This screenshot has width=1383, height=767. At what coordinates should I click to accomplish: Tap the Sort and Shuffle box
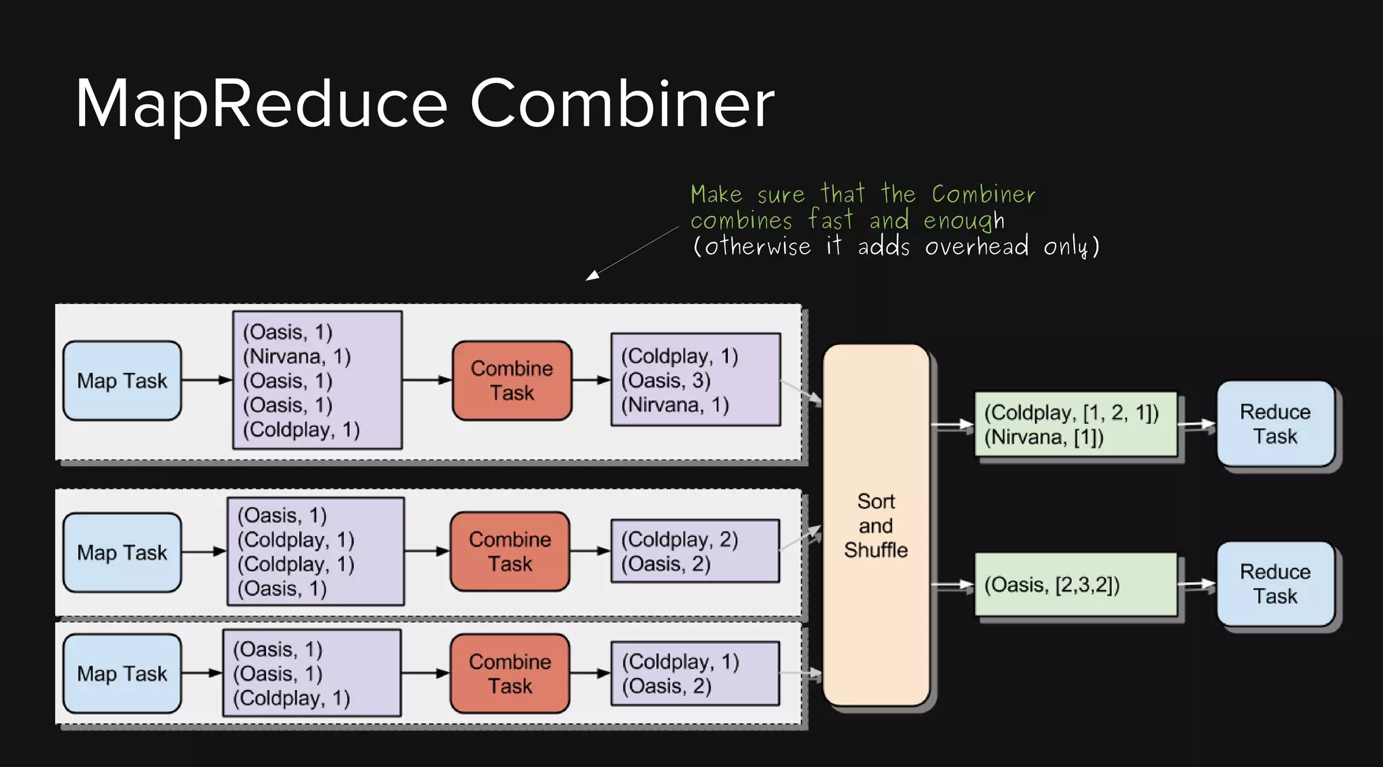click(876, 525)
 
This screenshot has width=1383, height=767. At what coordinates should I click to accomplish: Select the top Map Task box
click(122, 381)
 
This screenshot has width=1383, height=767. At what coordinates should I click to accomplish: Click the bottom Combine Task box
click(510, 673)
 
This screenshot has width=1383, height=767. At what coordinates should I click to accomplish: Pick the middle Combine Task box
click(510, 551)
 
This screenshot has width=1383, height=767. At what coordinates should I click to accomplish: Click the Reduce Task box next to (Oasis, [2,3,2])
click(1275, 584)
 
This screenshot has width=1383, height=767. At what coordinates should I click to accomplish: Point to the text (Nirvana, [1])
click(1043, 438)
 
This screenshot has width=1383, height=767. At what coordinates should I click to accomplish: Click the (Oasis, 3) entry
click(666, 380)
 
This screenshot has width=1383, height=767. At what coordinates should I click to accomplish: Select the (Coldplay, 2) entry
click(679, 539)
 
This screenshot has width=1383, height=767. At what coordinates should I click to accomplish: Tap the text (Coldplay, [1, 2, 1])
click(1071, 413)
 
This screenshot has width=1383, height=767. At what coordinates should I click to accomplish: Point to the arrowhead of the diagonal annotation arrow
click(592, 275)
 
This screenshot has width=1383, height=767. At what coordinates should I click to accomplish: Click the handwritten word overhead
click(976, 246)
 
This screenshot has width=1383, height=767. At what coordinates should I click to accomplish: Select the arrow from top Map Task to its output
click(207, 380)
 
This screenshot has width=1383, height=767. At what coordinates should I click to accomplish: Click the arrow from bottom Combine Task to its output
click(590, 673)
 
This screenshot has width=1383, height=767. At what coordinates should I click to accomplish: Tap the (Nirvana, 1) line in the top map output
click(296, 356)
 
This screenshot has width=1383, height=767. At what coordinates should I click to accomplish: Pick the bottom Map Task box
click(122, 673)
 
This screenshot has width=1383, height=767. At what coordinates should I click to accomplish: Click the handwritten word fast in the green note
click(831, 220)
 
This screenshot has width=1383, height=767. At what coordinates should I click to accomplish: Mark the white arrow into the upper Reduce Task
click(1196, 425)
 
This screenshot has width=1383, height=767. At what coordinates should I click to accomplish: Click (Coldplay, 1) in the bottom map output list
click(291, 698)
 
